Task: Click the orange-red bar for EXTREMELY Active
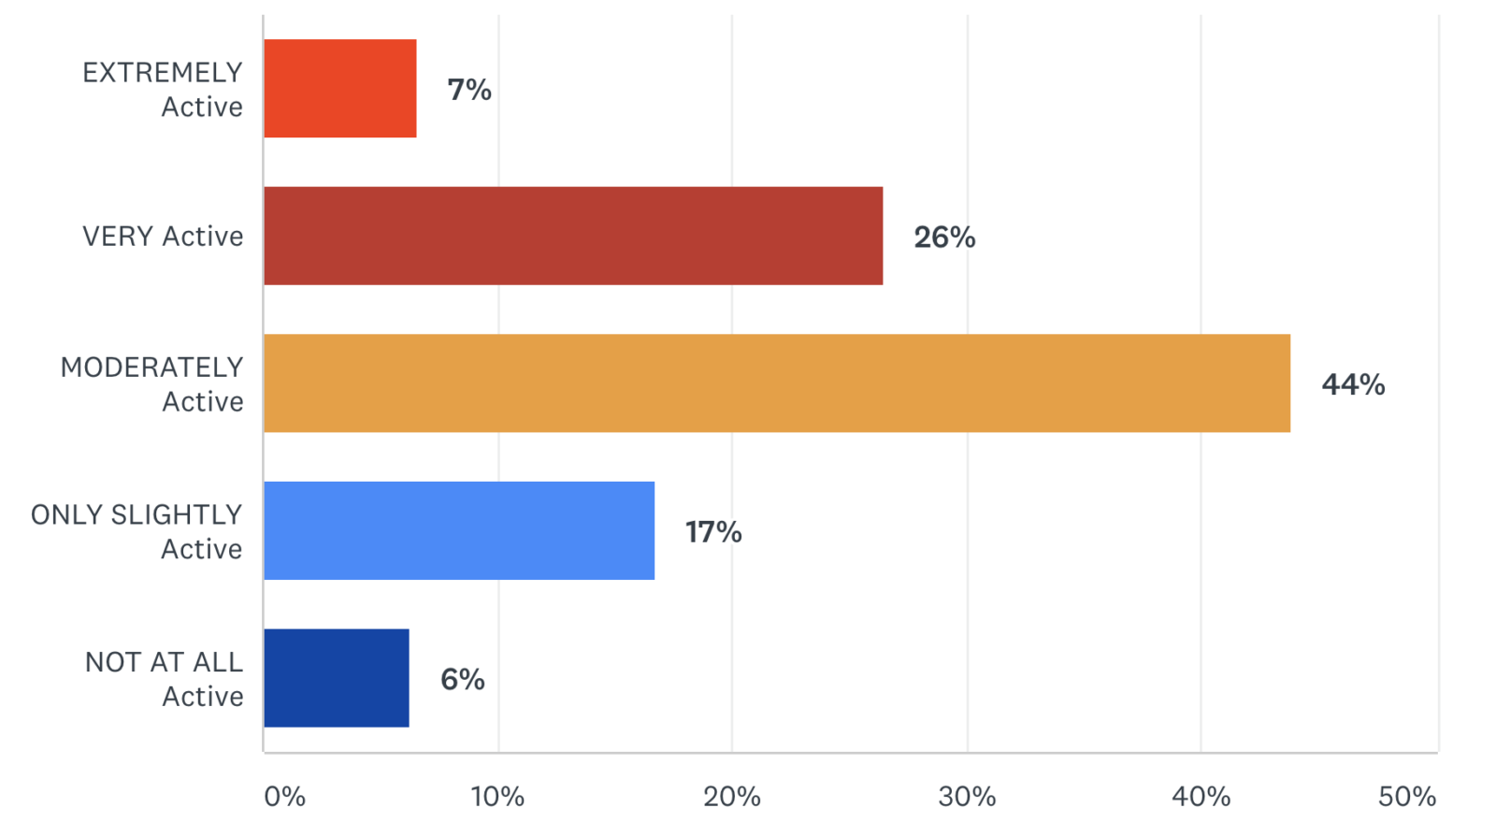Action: point(340,89)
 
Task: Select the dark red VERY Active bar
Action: point(573,236)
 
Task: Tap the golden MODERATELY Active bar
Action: point(777,383)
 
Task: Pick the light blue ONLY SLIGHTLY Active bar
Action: point(459,530)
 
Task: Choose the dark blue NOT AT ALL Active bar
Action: point(337,678)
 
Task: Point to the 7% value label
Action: point(469,90)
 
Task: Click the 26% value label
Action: point(944,238)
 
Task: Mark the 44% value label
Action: point(1353,384)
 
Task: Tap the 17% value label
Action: point(713,532)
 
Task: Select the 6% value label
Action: point(463,679)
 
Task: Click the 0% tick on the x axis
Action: point(284,797)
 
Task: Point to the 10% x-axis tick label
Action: point(497,797)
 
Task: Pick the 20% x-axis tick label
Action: point(732,797)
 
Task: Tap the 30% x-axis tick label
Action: point(967,797)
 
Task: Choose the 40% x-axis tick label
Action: point(1201,797)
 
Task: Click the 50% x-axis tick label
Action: point(1407,797)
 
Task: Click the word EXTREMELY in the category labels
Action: point(163,73)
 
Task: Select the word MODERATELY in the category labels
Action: point(152,368)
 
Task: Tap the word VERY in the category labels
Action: point(118,237)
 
